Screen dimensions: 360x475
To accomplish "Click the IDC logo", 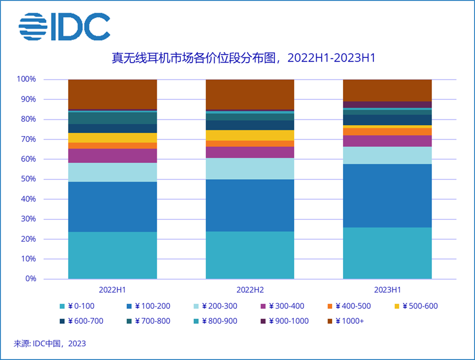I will point(64,27).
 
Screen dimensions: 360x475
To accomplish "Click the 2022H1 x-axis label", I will point(112,290).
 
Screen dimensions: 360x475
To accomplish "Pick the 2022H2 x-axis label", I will point(250,290).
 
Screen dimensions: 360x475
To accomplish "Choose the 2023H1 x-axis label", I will point(387,290).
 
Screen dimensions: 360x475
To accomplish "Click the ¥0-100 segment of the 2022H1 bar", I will point(112,255).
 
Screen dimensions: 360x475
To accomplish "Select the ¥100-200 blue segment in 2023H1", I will point(387,196).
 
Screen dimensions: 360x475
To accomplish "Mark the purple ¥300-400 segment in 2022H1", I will point(112,156).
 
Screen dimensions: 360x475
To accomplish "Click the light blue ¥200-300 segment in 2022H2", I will point(250,169).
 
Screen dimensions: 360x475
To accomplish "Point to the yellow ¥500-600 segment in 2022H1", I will point(112,138).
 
